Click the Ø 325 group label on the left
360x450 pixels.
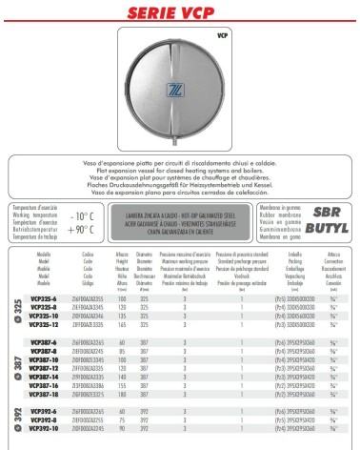(x=15, y=310)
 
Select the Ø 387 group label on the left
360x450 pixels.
(x=15, y=367)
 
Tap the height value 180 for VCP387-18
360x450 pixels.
(x=123, y=393)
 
